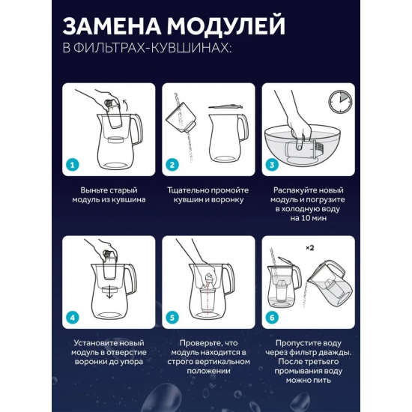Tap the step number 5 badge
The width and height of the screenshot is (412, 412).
(172, 318)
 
